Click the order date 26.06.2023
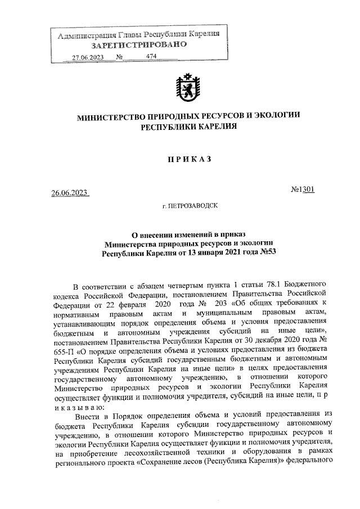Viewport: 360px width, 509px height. tap(70, 193)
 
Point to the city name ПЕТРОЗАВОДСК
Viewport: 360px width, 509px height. tap(192, 207)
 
